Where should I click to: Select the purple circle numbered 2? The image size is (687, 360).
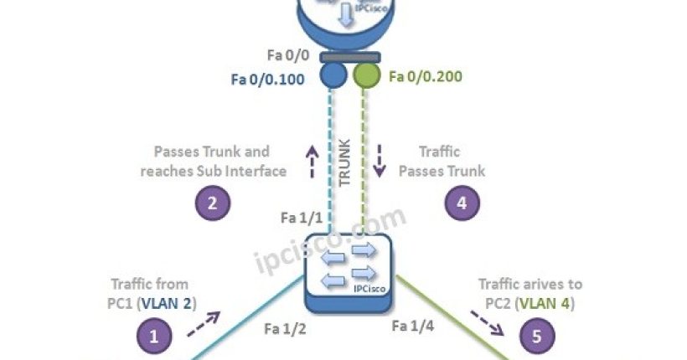[x=213, y=203]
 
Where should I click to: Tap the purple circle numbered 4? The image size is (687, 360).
[x=462, y=203]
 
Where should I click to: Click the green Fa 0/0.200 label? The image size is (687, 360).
[x=426, y=77]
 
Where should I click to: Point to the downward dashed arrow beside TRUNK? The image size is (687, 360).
[x=379, y=162]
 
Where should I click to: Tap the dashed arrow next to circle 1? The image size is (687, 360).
[x=204, y=324]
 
